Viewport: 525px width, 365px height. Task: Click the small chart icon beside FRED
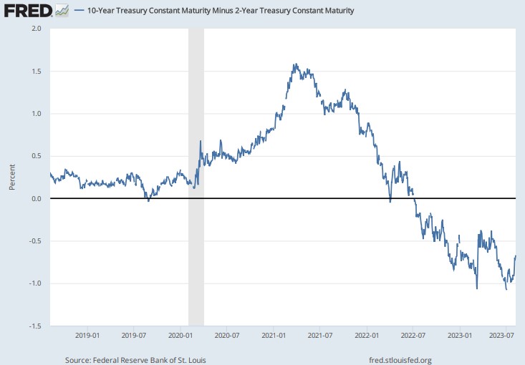coord(62,11)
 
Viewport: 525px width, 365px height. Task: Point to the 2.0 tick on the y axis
coord(37,29)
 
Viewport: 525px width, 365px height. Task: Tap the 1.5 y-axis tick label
coord(37,72)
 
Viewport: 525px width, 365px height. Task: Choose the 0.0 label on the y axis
coord(37,199)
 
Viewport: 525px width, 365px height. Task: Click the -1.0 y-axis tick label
coord(35,283)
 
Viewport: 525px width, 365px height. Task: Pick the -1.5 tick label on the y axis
coord(35,326)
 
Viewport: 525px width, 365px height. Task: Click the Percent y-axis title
coord(12,177)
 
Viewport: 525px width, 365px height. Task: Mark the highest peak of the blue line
coord(295,64)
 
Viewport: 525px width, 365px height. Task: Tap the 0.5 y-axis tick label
coord(37,157)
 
